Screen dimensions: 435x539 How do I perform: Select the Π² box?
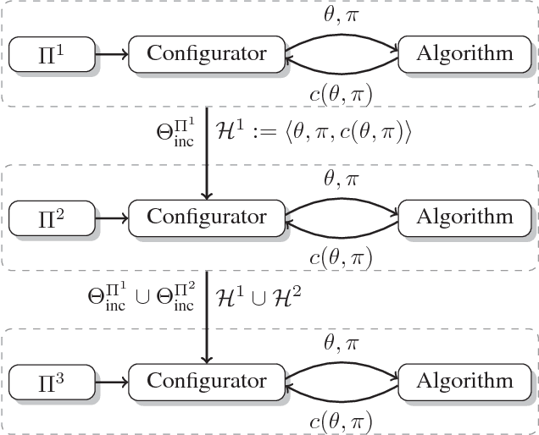pyautogui.click(x=49, y=217)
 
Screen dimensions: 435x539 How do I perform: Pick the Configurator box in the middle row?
pyautogui.click(x=207, y=217)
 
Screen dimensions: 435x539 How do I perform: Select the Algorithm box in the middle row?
pyautogui.click(x=464, y=217)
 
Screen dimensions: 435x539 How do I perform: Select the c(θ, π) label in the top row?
pyautogui.click(x=342, y=94)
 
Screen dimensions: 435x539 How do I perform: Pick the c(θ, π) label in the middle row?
pyautogui.click(x=342, y=256)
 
